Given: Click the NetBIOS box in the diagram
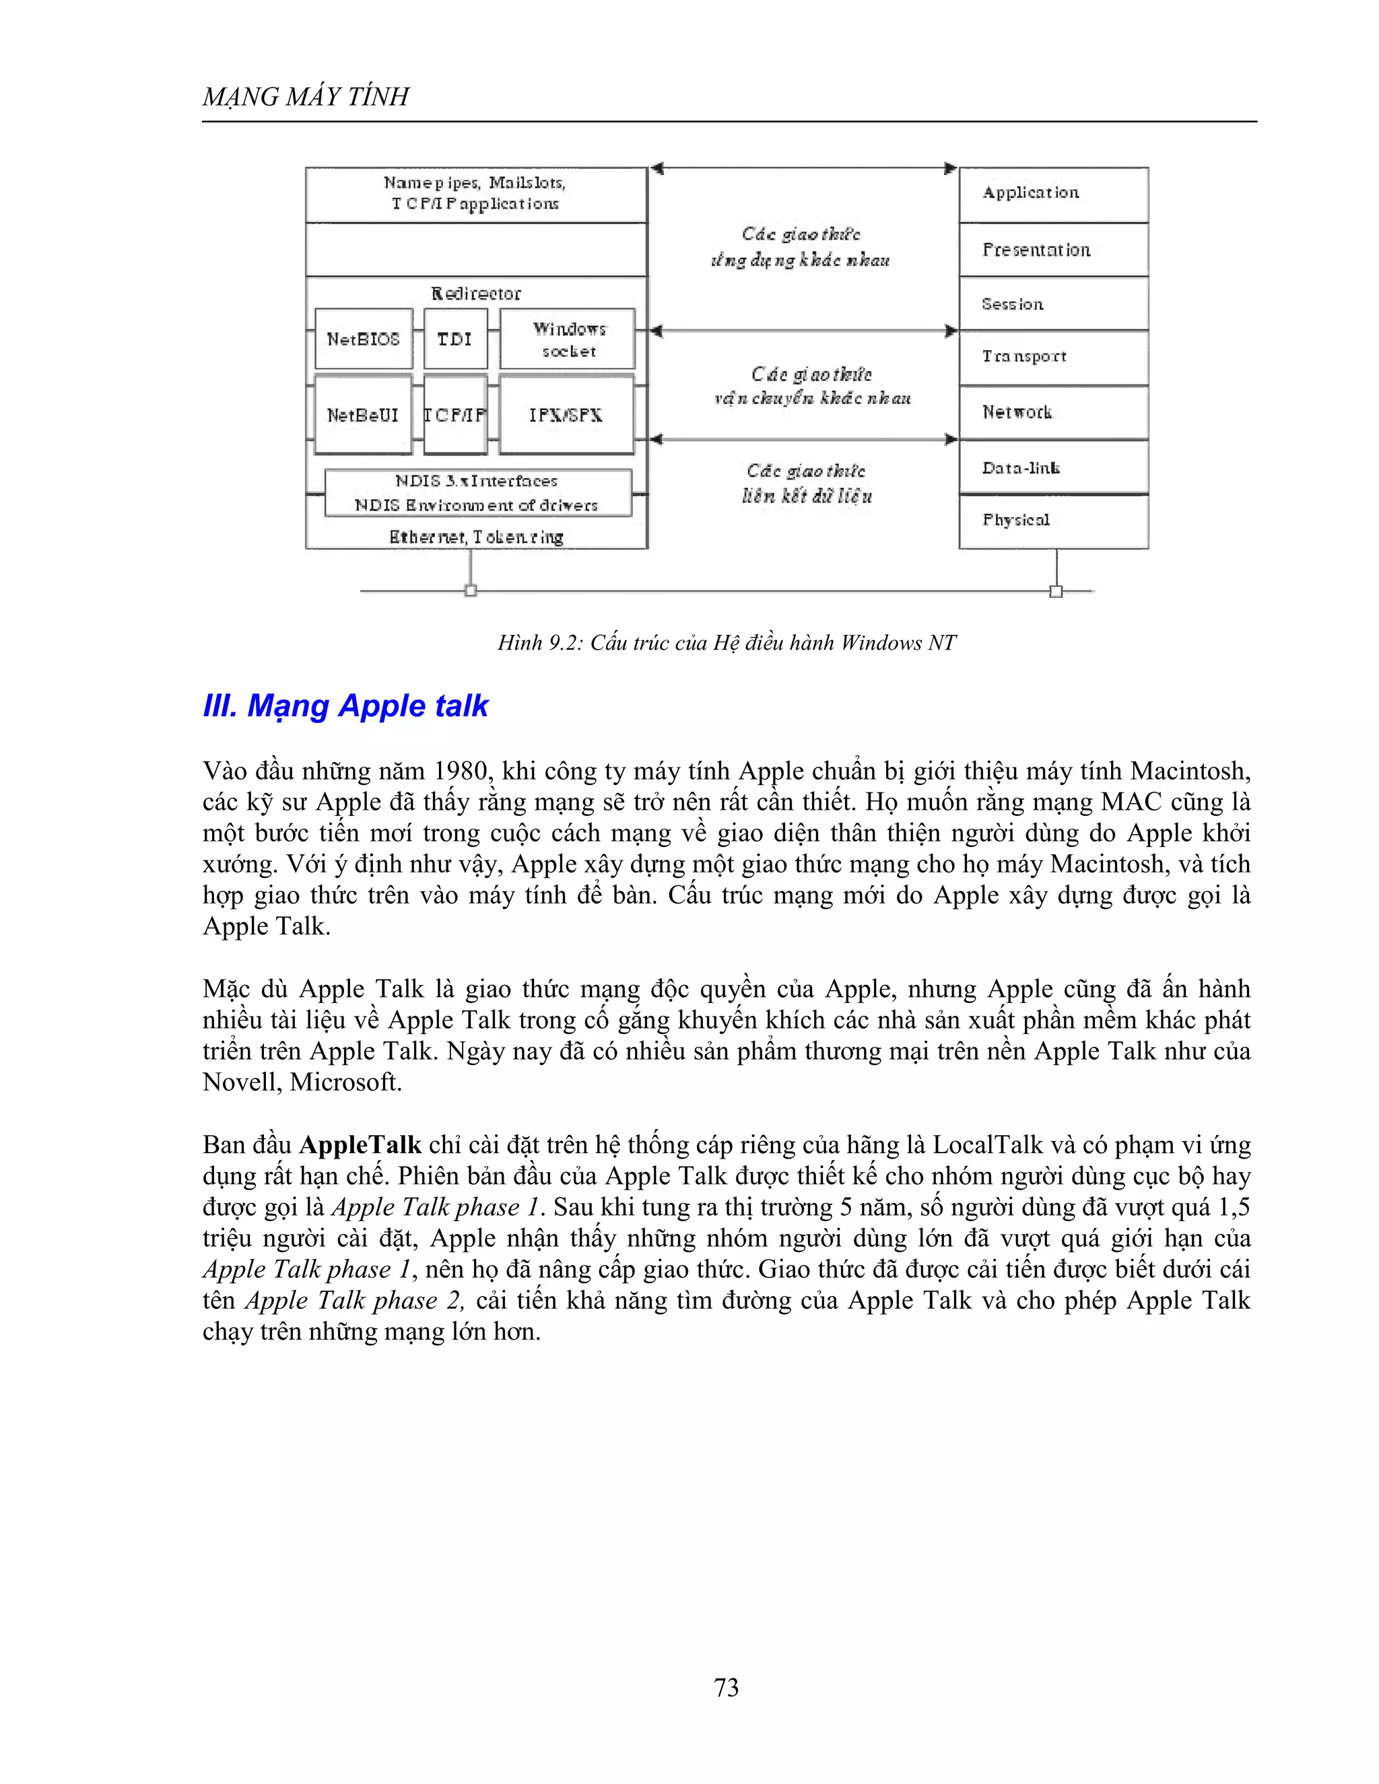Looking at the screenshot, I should pos(363,338).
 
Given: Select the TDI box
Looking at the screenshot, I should pos(455,338).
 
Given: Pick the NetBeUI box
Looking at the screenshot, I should pos(363,415).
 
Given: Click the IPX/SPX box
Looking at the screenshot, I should pos(566,415).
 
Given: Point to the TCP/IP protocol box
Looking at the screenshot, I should pos(455,415).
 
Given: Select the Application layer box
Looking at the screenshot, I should pos(1053,195).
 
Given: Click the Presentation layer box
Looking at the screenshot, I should pos(1053,250).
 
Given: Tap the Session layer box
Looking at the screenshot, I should pos(1053,304).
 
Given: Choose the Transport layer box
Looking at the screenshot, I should pos(1053,357).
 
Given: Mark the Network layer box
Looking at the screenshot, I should pos(1053,413).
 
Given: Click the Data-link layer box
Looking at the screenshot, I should pos(1053,468).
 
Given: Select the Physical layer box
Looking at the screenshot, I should pos(1053,520).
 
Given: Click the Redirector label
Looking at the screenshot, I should pos(475,294).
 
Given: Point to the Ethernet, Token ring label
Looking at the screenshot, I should pos(476,537).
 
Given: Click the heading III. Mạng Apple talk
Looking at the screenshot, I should pos(345,706).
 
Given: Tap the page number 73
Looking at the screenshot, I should pos(725,1687).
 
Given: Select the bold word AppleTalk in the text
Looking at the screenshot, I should pos(360,1144).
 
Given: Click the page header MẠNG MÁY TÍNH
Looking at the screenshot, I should pos(306,96).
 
